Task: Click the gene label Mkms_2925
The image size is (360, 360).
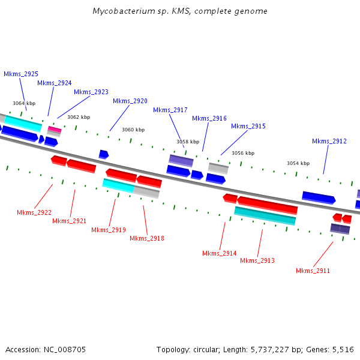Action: (21, 74)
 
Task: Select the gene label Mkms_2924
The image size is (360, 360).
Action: (55, 83)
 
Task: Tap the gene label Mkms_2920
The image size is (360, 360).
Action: (130, 101)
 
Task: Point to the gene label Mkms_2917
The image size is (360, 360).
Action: (170, 110)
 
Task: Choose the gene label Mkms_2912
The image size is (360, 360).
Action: (329, 141)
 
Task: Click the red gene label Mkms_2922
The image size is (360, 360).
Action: (34, 212)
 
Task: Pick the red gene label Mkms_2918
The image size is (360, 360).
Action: (147, 238)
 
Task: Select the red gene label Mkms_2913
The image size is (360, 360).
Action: (257, 260)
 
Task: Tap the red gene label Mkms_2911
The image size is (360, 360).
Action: (313, 271)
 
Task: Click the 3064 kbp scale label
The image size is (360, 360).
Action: (24, 103)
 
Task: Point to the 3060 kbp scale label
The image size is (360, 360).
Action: (133, 130)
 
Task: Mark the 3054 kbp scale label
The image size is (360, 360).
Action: (298, 163)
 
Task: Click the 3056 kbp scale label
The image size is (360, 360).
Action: (243, 153)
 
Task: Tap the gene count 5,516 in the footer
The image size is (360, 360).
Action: (343, 349)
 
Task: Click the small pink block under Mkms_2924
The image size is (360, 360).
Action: (55, 129)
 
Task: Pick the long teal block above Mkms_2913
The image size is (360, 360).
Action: (265, 215)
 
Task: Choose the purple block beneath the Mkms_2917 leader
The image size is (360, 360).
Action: (181, 160)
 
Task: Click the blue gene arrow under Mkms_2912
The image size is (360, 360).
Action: (319, 197)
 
